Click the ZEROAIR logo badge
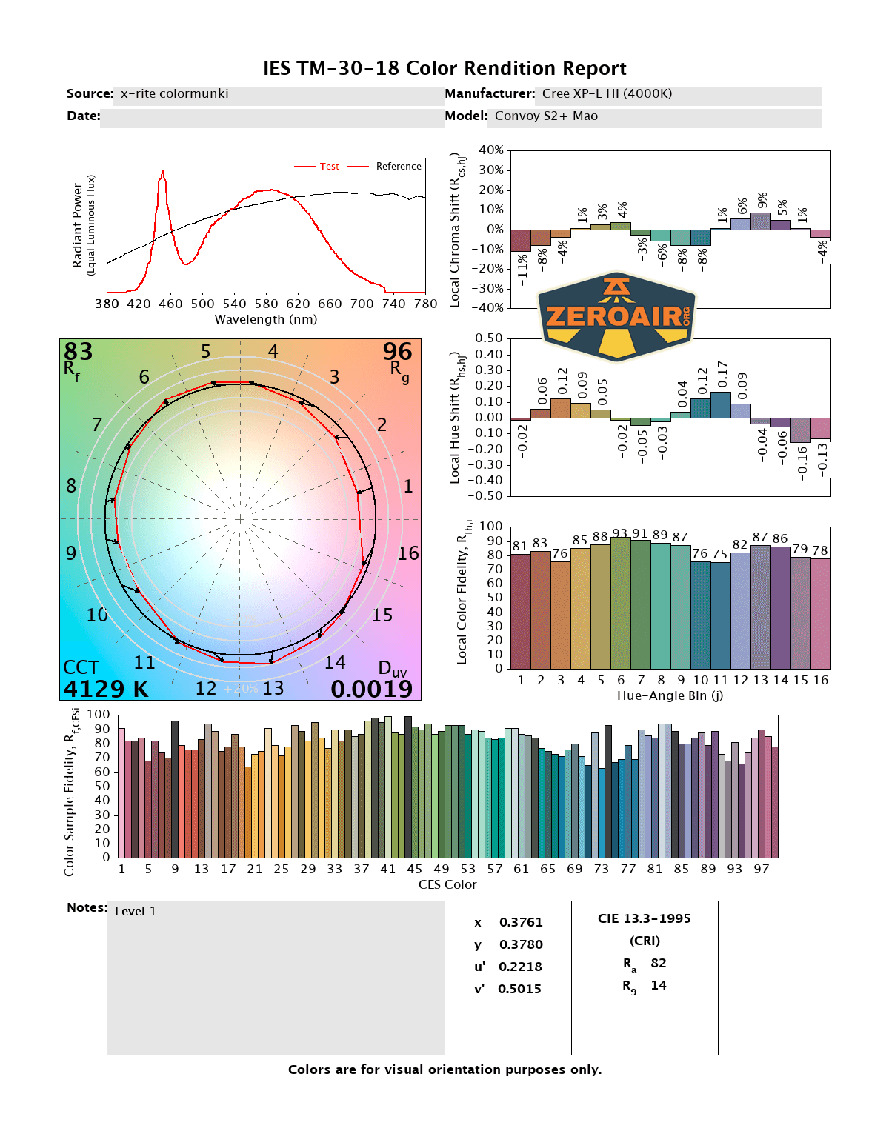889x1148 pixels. click(617, 316)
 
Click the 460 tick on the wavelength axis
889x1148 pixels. click(170, 304)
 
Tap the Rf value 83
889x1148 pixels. click(78, 351)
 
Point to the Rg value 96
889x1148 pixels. click(397, 351)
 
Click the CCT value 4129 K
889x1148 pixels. click(105, 689)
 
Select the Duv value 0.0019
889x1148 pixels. click(371, 689)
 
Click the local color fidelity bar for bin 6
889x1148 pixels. click(621, 604)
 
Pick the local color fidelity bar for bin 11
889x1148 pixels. click(721, 615)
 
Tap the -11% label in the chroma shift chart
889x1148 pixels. click(522, 270)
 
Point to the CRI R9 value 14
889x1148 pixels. click(659, 985)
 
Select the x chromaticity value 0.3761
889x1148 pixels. click(521, 922)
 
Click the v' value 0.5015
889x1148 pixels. click(519, 989)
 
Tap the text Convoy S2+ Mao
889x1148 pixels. click(546, 116)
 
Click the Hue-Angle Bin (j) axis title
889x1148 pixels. click(670, 695)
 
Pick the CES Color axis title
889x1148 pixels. click(447, 884)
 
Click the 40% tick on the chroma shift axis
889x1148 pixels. click(491, 150)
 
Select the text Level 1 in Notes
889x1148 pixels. click(136, 911)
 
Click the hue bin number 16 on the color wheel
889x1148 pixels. click(408, 553)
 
